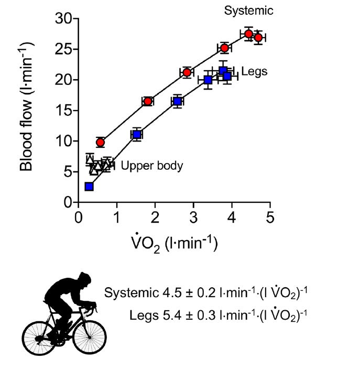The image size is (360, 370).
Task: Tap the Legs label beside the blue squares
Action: pyautogui.click(x=254, y=71)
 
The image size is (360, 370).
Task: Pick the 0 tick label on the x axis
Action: pyautogui.click(x=79, y=216)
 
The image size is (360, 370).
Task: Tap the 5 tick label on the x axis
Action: pyautogui.click(x=270, y=216)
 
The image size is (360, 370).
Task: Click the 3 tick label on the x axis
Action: pyautogui.click(x=193, y=216)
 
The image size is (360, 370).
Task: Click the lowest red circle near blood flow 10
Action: pyautogui.click(x=100, y=142)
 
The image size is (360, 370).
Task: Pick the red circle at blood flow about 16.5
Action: pyautogui.click(x=148, y=101)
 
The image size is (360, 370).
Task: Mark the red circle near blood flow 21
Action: pyautogui.click(x=187, y=72)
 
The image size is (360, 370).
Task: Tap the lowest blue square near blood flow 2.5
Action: pyautogui.click(x=89, y=187)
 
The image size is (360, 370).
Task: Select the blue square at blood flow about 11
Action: pyautogui.click(x=137, y=135)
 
